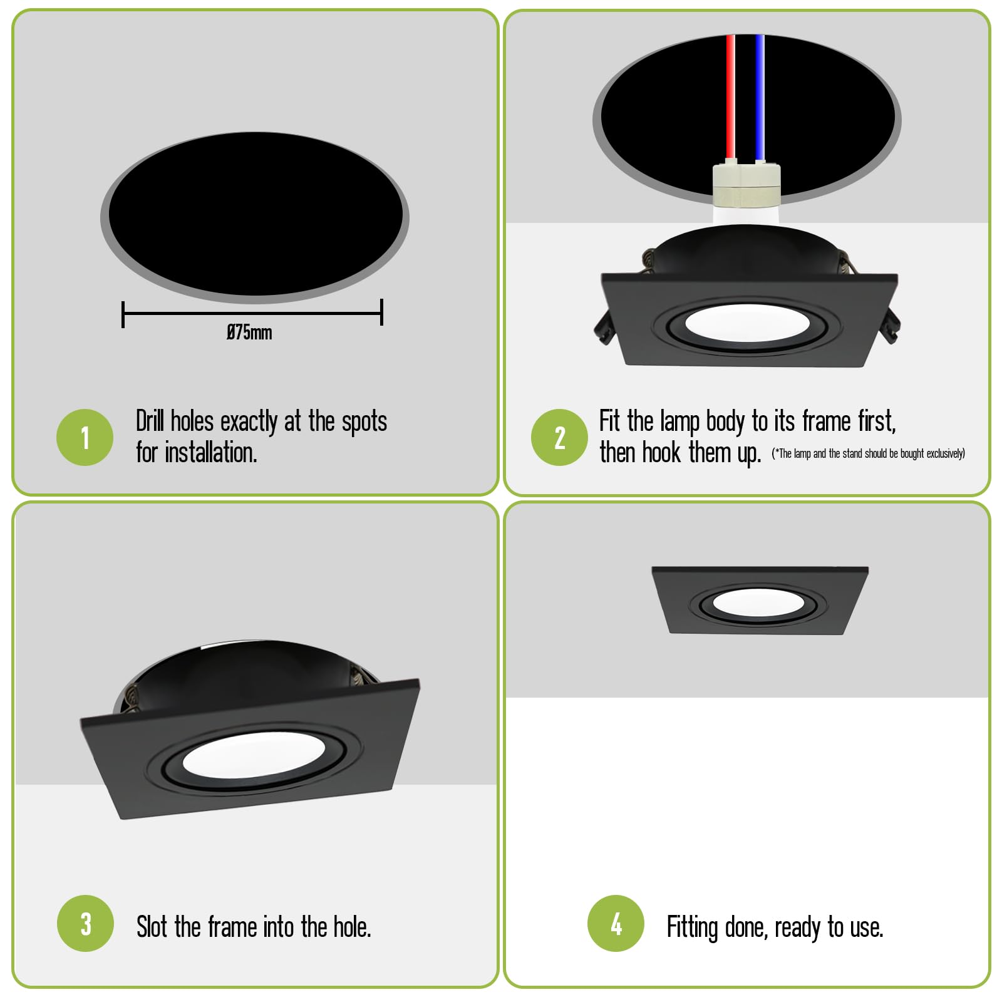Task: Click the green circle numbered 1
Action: click(85, 437)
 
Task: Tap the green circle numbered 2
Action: click(559, 437)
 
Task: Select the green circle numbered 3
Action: click(85, 923)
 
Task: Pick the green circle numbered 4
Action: click(616, 923)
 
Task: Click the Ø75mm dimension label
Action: click(249, 332)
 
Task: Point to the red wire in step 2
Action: click(730, 98)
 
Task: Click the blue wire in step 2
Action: click(760, 98)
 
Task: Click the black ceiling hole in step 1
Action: click(256, 214)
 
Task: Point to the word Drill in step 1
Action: click(150, 421)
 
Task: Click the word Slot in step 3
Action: click(152, 927)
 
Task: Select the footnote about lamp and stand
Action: click(868, 453)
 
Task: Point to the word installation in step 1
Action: click(211, 452)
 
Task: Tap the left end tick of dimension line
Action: click(123, 314)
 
